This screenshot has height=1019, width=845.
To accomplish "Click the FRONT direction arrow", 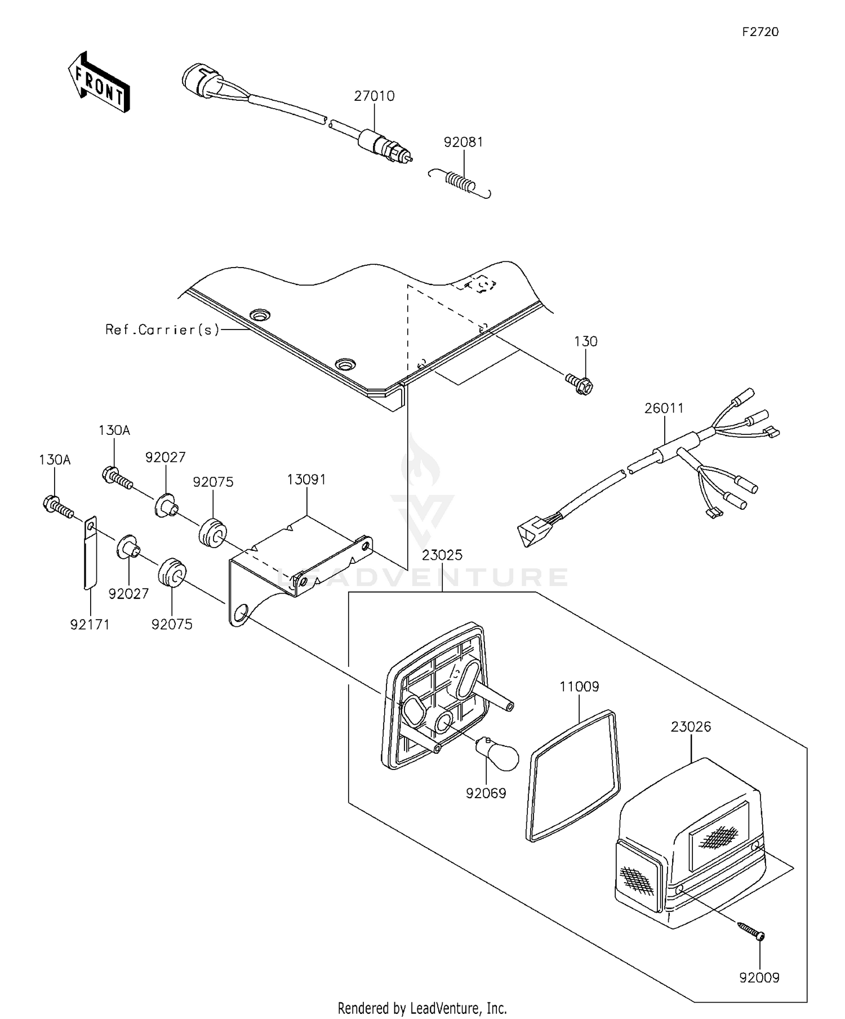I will pos(99,82).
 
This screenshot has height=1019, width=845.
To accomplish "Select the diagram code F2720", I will pos(760,32).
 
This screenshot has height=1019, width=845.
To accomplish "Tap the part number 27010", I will pos(374,96).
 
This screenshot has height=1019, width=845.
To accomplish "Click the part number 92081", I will pos(463,143).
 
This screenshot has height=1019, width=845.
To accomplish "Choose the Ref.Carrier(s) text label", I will pos(162,330).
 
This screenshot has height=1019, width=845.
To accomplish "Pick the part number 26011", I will pos(664,408).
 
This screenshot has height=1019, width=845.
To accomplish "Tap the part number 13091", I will pos(306,479).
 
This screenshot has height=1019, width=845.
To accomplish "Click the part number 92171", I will pos(90,624).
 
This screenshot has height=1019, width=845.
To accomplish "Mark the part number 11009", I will pos(579,687).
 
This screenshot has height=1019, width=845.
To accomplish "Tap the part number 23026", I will pos(691,727).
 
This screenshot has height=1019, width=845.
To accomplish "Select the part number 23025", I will pos(442,555).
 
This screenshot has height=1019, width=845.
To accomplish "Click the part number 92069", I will pos(486,793).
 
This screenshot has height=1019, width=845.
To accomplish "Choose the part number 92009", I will pos(759,978).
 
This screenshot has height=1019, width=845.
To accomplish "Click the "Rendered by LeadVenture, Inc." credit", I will pos(422,1007).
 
